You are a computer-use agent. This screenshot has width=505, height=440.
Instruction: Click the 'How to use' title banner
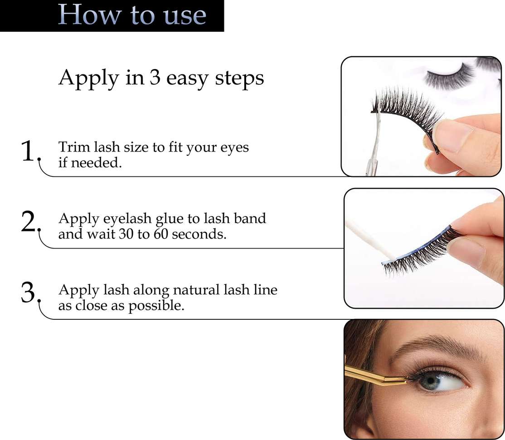click(x=112, y=15)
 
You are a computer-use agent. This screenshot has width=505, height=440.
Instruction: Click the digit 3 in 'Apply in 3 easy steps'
click(x=155, y=78)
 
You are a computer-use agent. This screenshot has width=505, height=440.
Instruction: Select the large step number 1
click(x=28, y=151)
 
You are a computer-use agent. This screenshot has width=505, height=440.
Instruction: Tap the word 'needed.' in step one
click(x=96, y=162)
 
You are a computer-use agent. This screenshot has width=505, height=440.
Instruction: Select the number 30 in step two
click(x=126, y=234)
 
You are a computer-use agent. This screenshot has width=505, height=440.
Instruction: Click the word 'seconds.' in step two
click(x=199, y=234)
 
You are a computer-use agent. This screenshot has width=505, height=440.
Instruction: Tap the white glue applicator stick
click(x=370, y=240)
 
